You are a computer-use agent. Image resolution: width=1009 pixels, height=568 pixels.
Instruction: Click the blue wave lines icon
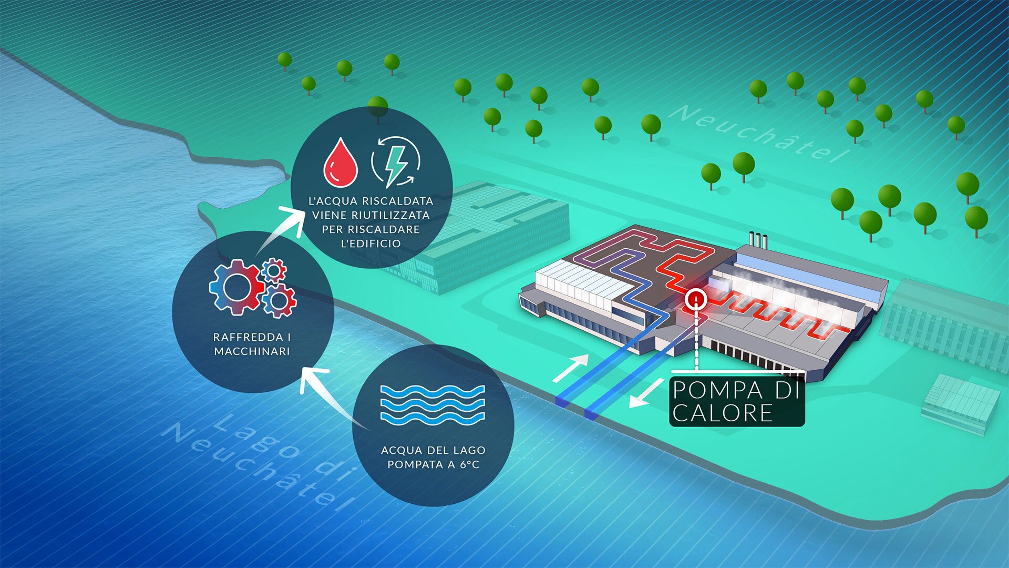pyautogui.click(x=432, y=404)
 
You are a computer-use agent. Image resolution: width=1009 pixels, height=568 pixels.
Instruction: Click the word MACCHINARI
pyautogui.click(x=252, y=351)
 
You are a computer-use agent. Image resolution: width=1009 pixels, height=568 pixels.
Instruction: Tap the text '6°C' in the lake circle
pyautogui.click(x=470, y=464)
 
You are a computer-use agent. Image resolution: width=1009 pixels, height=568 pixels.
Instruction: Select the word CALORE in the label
pyautogui.click(x=723, y=413)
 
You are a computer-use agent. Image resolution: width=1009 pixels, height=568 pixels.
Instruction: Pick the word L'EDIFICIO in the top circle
pyautogui.click(x=370, y=244)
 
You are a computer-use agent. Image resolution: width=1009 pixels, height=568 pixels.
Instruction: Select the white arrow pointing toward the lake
pyautogui.click(x=646, y=393)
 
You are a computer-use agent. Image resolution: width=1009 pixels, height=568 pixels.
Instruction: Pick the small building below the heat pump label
pyautogui.click(x=961, y=403)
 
